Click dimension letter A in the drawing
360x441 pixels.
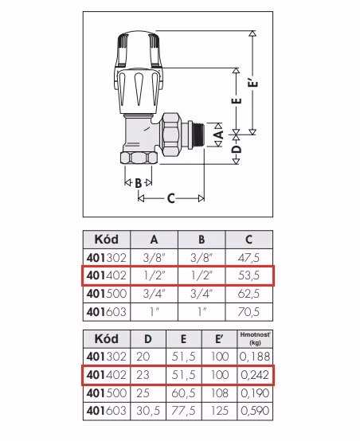click(x=219, y=135)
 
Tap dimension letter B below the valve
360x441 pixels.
click(x=139, y=183)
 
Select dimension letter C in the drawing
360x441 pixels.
click(x=171, y=198)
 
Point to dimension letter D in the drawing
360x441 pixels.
click(x=237, y=149)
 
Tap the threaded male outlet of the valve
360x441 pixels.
click(x=198, y=135)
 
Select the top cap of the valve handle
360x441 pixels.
click(x=139, y=49)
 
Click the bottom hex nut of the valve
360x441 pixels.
click(x=139, y=158)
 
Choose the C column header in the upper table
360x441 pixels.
click(x=248, y=240)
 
